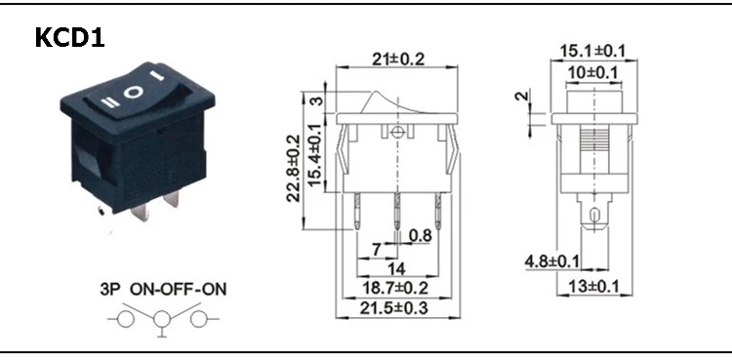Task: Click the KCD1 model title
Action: (x=69, y=38)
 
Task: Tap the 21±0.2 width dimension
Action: (x=398, y=60)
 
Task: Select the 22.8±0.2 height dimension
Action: (x=293, y=168)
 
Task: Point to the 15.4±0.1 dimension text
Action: (x=316, y=154)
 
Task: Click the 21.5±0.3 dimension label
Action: (x=394, y=308)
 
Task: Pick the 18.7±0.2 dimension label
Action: (x=395, y=288)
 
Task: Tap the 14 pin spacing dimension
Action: (x=396, y=268)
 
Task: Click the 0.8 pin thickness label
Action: (x=420, y=236)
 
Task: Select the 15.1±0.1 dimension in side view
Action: (x=592, y=51)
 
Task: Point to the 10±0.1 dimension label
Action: (x=592, y=73)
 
